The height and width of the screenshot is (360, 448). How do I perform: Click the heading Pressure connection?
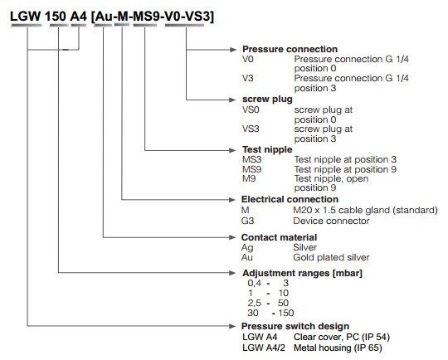tap(290, 49)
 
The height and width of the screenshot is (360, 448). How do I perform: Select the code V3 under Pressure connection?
tap(248, 78)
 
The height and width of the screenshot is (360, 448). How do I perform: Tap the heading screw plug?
tap(267, 100)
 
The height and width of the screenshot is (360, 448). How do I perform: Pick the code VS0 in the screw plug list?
tap(251, 109)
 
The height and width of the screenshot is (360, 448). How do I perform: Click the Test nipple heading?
tap(267, 149)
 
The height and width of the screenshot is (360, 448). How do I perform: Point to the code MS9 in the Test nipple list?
tap(251, 169)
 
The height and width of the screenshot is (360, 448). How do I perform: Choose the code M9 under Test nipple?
tap(249, 178)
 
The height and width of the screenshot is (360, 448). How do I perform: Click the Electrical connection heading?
tap(290, 199)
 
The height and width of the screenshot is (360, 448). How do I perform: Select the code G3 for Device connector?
tap(247, 221)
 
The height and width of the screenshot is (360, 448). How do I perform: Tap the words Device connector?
tap(331, 221)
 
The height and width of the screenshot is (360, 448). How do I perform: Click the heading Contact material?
tap(279, 237)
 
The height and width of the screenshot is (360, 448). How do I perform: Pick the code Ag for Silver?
tap(247, 248)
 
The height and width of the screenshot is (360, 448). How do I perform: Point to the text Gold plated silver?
tap(331, 257)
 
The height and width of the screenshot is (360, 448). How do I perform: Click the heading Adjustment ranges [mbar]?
tap(302, 273)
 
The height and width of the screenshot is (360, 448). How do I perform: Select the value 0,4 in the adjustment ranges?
tap(255, 283)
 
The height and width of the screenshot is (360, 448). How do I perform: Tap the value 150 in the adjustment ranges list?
tap(285, 313)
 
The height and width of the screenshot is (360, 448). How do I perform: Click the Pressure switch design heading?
tap(295, 326)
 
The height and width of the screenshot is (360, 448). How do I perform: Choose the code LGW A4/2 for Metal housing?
tap(264, 348)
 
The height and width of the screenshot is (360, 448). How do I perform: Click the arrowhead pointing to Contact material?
tap(232, 237)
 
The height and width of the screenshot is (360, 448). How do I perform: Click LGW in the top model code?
tap(26, 17)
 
